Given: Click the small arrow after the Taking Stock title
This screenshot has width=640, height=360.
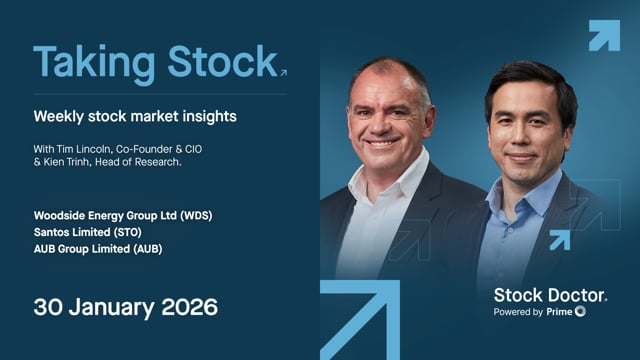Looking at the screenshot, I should [284, 72].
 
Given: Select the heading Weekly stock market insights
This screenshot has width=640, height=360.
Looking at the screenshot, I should [134, 117].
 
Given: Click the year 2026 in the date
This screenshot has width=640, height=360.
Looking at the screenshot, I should [186, 306].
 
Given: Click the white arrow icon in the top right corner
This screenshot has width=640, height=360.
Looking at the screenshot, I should [603, 35].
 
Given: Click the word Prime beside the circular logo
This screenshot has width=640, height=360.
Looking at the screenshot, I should [559, 312].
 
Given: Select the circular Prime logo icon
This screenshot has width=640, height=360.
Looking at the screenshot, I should [581, 312].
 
